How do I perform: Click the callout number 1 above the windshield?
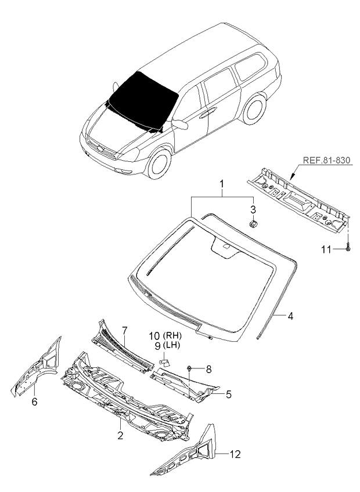tap(221, 184)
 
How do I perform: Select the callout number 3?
tap(253, 209)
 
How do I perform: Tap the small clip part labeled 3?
tap(253, 224)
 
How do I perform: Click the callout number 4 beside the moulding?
tap(290, 316)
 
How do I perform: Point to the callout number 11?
tap(326, 249)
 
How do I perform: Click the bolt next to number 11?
tap(348, 247)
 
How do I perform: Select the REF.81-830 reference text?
tap(326, 160)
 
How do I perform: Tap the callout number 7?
tap(124, 330)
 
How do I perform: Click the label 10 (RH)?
tap(165, 336)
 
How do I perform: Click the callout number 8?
tap(208, 370)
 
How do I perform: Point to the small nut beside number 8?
tap(189, 368)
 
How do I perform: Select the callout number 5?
tap(228, 395)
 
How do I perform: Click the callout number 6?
tap(35, 401)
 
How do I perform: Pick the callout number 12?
tap(235, 454)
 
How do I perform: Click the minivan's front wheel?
tap(159, 164)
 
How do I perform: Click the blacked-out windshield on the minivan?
tap(143, 100)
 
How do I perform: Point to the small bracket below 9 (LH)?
tap(165, 363)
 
